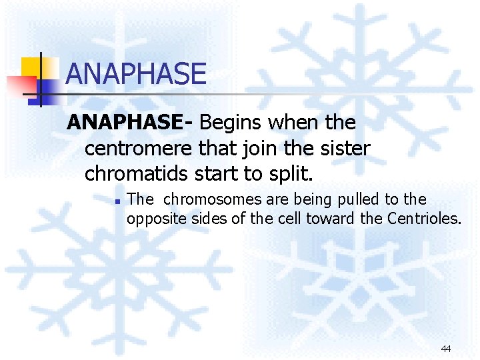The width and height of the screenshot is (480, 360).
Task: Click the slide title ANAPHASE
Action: click(136, 74)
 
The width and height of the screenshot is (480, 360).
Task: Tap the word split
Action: click(292, 175)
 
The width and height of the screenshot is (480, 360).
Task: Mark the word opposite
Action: click(153, 217)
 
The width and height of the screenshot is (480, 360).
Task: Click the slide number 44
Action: click(446, 349)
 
